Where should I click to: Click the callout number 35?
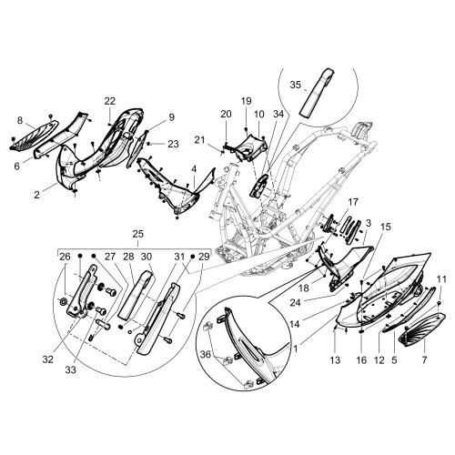(295, 85)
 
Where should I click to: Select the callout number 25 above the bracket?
(138, 235)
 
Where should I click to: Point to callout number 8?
(20, 121)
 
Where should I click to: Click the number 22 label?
(110, 101)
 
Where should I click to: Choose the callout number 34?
(278, 114)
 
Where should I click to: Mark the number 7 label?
(424, 360)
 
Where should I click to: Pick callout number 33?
(70, 369)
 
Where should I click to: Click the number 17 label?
(353, 202)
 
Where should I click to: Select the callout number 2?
(36, 195)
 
